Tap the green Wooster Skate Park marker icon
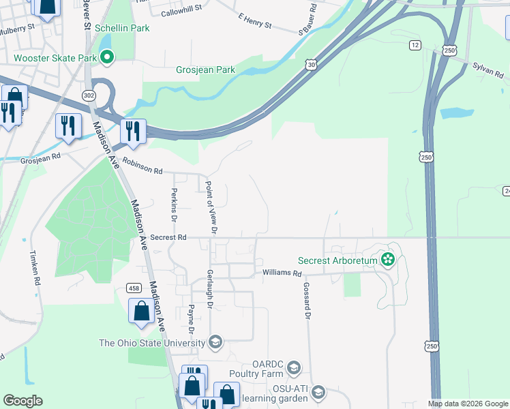107,59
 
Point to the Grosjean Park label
205,70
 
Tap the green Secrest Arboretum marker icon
387,259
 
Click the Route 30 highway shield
311,64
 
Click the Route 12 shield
415,45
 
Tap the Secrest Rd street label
168,237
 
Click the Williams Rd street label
282,273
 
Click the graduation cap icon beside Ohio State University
215,342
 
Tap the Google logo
22,401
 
